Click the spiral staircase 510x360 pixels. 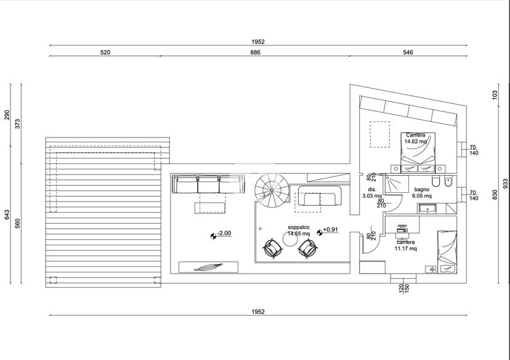point(272,190)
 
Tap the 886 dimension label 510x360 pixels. point(256,52)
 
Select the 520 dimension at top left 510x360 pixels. point(105,52)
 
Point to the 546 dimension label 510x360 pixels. point(408,52)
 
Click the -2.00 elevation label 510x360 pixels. point(224,233)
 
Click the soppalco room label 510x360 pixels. point(298,227)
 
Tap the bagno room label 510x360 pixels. point(421,189)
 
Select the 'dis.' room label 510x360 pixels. point(372,189)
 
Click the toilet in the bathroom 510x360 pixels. point(436,181)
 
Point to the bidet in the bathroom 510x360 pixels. point(448,181)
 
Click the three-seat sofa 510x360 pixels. point(208,184)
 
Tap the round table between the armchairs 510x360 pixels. point(290,240)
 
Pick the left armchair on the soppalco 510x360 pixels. point(273,248)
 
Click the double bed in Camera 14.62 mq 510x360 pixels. point(418,152)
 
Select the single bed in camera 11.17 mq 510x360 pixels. point(447,252)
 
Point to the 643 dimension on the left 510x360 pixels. point(7,215)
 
